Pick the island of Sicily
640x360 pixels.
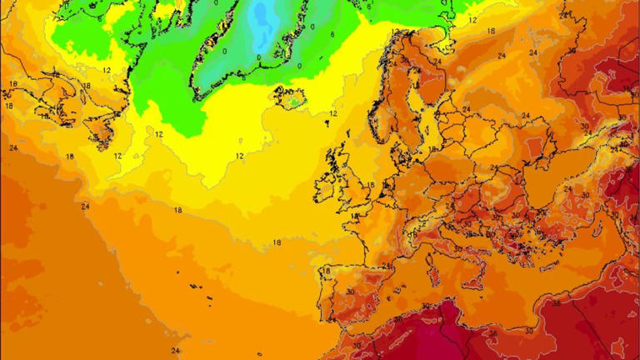(471, 287)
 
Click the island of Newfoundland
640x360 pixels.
(99, 132)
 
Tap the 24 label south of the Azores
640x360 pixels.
(175, 351)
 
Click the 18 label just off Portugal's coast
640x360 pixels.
(326, 271)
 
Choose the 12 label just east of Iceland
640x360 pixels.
(334, 113)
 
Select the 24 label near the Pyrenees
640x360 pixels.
(386, 267)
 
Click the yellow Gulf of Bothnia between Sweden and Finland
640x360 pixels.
(421, 92)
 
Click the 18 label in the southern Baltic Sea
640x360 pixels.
(432, 148)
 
